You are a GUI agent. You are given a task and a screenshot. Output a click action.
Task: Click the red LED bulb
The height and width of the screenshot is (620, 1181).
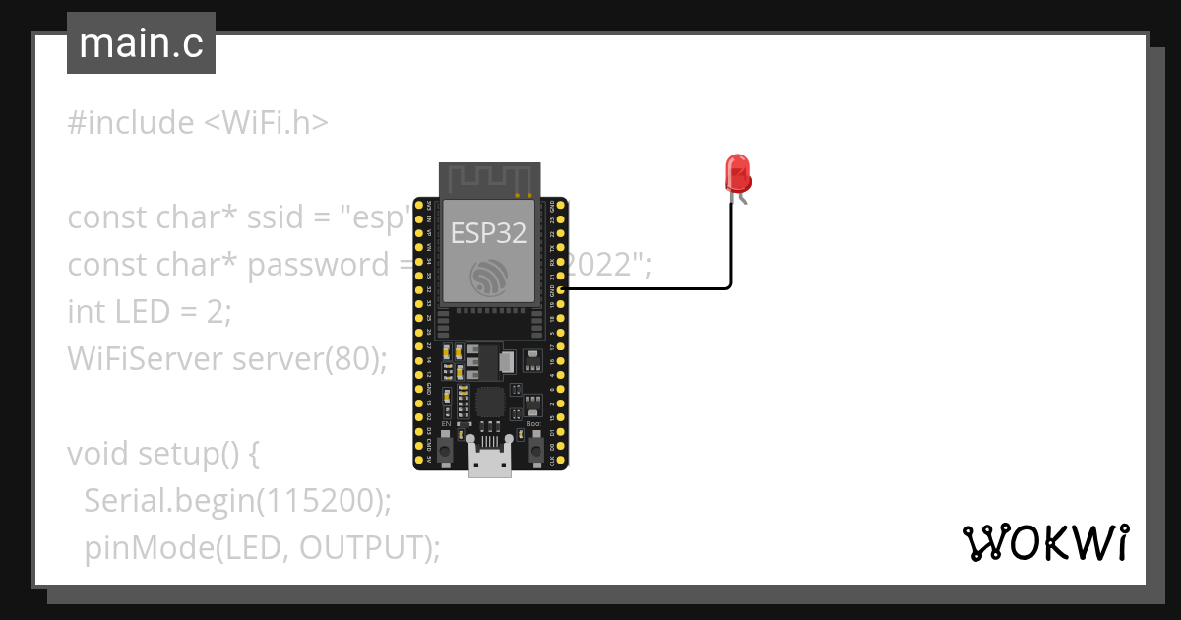[738, 173]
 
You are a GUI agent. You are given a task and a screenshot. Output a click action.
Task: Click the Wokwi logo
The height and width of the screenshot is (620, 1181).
[1045, 542]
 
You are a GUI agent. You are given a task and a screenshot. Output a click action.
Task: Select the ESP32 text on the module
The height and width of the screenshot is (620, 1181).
[488, 233]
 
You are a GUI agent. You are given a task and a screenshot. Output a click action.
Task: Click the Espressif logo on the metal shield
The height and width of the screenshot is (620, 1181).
[489, 277]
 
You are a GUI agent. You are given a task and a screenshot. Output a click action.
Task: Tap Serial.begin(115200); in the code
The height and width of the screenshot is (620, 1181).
[237, 501]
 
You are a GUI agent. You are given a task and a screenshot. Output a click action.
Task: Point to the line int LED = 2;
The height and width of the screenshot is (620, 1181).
[150, 312]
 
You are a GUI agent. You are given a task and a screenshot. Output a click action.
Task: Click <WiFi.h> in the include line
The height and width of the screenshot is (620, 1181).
[266, 123]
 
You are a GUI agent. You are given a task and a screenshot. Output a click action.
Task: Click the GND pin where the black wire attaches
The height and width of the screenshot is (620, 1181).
[561, 289]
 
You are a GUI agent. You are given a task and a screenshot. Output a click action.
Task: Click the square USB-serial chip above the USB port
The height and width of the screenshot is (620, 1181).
[489, 401]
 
